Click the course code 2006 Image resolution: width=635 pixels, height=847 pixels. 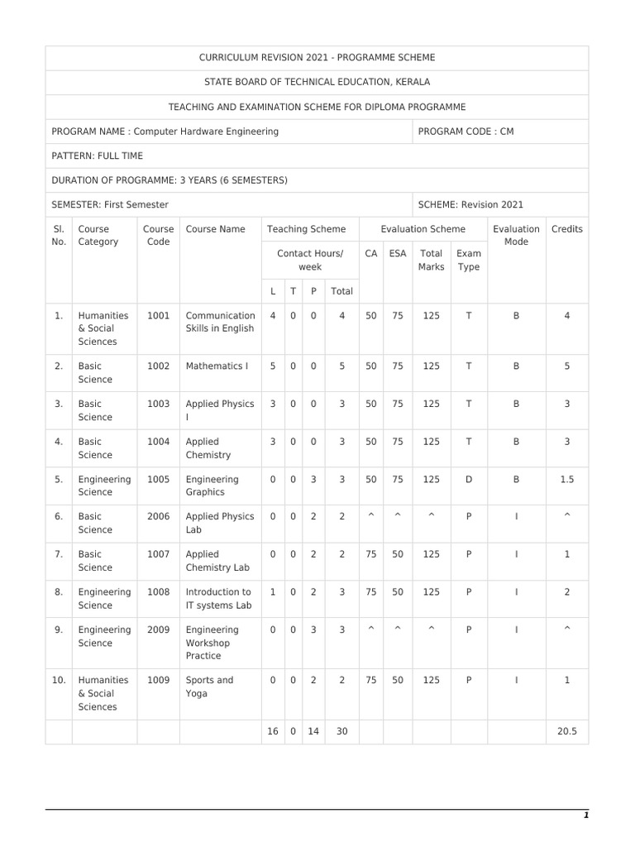158,517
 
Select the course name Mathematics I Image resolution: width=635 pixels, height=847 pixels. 217,366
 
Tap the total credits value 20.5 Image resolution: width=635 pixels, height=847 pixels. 566,732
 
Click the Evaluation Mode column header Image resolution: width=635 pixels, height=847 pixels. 516,236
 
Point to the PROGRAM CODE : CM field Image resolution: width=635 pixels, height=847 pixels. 466,132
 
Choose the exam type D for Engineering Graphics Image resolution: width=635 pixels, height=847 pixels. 469,479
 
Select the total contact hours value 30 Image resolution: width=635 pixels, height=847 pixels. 341,732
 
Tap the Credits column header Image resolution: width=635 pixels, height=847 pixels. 566,229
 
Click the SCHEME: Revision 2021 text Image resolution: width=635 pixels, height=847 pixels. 470,204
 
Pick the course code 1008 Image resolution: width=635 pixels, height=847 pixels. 158,592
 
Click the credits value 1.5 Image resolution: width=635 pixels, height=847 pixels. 566,479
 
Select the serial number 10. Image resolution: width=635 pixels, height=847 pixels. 59,680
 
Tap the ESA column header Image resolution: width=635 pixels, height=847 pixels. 398,254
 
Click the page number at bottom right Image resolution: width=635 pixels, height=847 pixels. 586,816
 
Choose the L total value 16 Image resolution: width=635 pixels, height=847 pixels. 273,732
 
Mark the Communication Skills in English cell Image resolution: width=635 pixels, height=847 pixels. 220,322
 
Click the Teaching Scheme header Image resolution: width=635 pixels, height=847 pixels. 306,229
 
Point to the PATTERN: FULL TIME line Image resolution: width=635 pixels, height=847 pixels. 98,156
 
